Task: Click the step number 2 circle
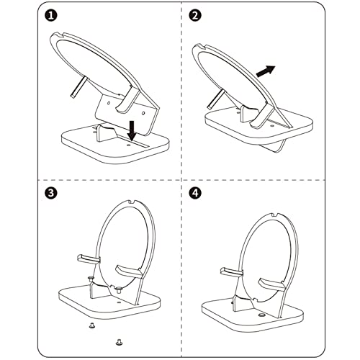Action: click(x=195, y=15)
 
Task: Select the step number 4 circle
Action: click(x=195, y=194)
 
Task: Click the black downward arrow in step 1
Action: click(x=133, y=132)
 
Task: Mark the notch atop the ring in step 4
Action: click(x=276, y=214)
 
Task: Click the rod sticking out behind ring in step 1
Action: click(x=76, y=87)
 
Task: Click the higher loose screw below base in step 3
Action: click(x=91, y=325)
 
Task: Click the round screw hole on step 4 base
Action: click(x=261, y=315)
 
